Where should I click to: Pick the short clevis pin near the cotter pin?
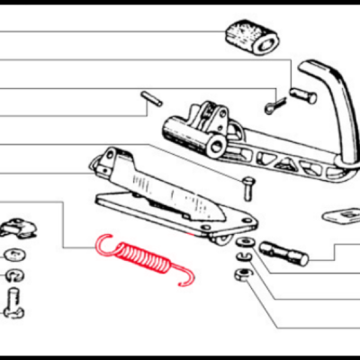(x=302, y=93)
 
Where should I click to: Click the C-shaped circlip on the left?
(x=15, y=273)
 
